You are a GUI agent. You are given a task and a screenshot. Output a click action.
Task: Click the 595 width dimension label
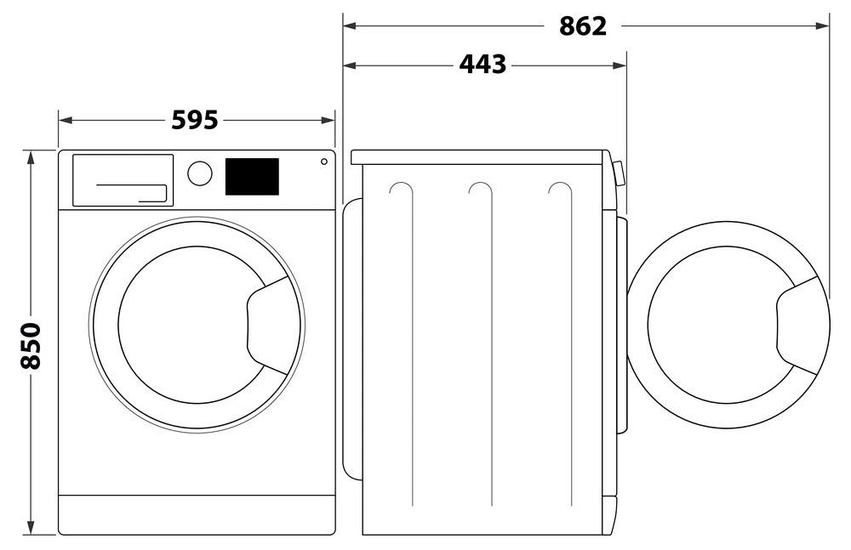[x=195, y=120]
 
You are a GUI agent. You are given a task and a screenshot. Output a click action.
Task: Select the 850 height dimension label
[x=31, y=345]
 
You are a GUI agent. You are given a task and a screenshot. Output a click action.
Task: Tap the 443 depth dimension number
[x=483, y=65]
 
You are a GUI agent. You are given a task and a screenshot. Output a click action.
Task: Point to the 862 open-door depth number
[x=582, y=26]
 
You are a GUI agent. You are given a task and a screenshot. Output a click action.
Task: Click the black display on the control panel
[x=252, y=177]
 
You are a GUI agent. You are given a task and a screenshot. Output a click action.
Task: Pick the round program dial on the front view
[x=200, y=173]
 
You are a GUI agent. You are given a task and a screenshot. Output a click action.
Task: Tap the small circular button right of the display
[x=324, y=162]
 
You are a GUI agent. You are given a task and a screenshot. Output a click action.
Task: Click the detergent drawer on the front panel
[x=123, y=180]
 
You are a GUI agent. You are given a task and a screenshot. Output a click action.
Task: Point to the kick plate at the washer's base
[x=197, y=514]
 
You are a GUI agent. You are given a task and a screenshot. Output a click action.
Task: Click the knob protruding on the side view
[x=619, y=173]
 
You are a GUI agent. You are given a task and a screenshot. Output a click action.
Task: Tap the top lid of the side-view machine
[x=477, y=157]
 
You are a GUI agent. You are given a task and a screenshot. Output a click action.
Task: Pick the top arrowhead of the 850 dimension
[x=31, y=158]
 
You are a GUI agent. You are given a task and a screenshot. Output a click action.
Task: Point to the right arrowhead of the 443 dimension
[x=620, y=65]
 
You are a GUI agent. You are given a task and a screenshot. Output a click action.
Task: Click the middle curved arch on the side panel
[x=481, y=190]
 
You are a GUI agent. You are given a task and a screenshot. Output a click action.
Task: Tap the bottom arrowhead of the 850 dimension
[x=31, y=527]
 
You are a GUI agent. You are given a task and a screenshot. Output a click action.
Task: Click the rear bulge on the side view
[x=353, y=339]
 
